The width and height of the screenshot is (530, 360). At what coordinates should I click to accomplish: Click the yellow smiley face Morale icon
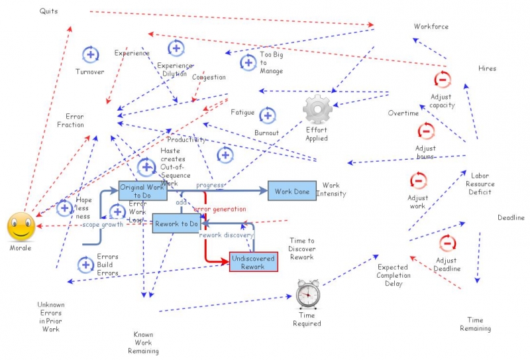coord(21,227)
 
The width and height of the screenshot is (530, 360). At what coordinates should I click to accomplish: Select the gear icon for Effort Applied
coord(317,109)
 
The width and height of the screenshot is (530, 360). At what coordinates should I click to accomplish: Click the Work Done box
coord(292,191)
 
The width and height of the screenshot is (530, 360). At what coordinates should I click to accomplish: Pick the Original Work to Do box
coord(142,191)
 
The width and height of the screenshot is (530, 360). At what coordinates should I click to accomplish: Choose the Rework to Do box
coord(176,224)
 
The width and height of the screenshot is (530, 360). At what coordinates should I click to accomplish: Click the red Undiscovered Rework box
coord(253,262)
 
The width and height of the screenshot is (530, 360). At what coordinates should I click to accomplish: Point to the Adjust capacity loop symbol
coord(442,80)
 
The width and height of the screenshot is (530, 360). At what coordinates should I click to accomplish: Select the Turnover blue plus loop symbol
coord(90,55)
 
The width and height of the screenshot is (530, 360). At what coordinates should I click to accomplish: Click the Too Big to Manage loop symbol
coord(248,63)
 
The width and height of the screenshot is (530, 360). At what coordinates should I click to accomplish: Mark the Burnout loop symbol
coord(267,116)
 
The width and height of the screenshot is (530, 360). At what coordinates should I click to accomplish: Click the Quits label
coord(48,11)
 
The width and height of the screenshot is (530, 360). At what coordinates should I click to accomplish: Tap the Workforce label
coord(431,27)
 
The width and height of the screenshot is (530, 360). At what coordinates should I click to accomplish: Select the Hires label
coord(487,68)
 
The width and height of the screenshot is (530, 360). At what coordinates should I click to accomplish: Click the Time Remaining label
coord(475,324)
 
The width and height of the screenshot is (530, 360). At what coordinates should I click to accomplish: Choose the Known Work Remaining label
coord(143,343)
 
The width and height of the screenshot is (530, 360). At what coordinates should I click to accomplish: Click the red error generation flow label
coord(219,210)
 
